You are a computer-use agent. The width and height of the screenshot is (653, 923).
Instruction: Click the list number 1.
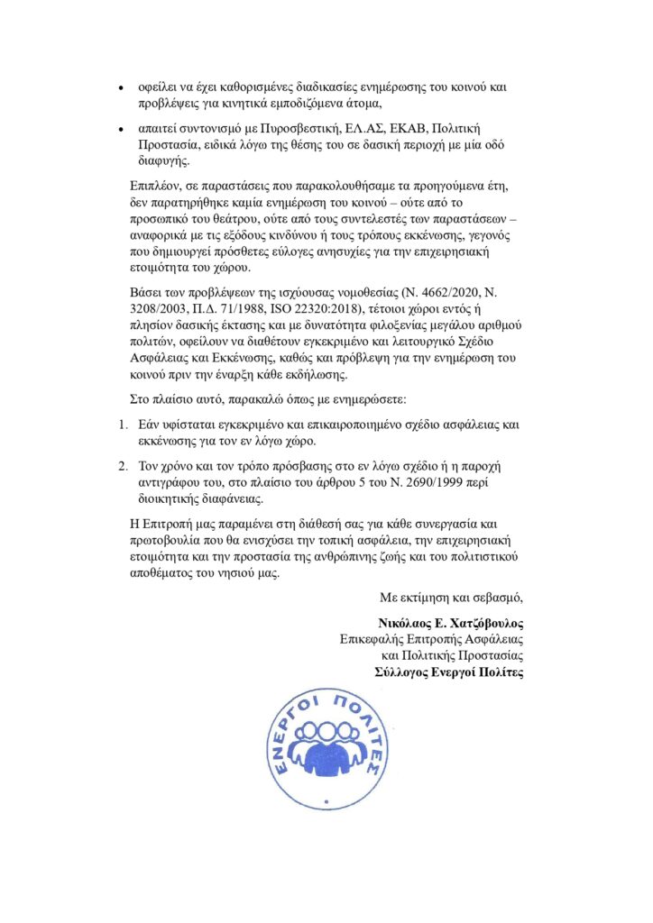pyautogui.click(x=124, y=424)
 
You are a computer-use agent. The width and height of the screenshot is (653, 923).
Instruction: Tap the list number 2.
pyautogui.click(x=124, y=468)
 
